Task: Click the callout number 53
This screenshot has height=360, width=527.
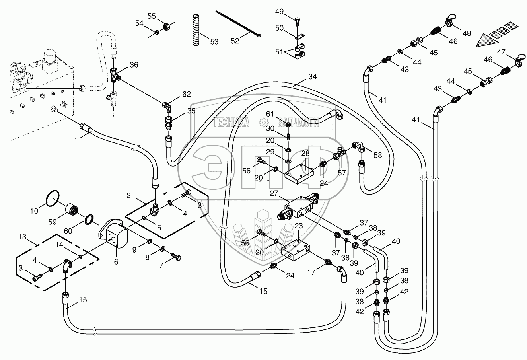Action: click(x=214, y=41)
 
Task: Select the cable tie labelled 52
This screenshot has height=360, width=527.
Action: click(x=239, y=24)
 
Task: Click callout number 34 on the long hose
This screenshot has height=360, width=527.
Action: click(x=312, y=77)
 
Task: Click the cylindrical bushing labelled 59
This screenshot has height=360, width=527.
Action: click(x=72, y=209)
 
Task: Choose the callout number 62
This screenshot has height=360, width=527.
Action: click(x=187, y=95)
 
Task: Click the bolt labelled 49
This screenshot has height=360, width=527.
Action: click(x=298, y=20)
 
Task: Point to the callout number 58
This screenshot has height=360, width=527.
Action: click(x=377, y=155)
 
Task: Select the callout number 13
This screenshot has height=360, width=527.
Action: click(x=22, y=237)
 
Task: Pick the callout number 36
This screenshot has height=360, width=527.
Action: click(x=134, y=65)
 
